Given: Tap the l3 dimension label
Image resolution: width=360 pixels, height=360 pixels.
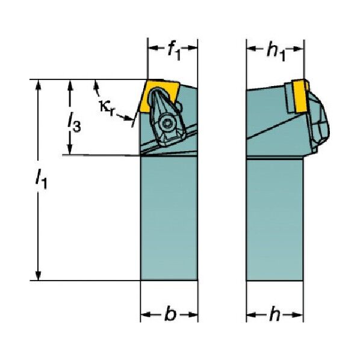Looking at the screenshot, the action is [x=74, y=122].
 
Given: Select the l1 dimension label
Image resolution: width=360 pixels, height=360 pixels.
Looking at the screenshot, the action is [x=41, y=178].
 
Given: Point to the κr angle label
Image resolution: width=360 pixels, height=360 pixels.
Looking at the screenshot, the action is [x=107, y=107].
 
